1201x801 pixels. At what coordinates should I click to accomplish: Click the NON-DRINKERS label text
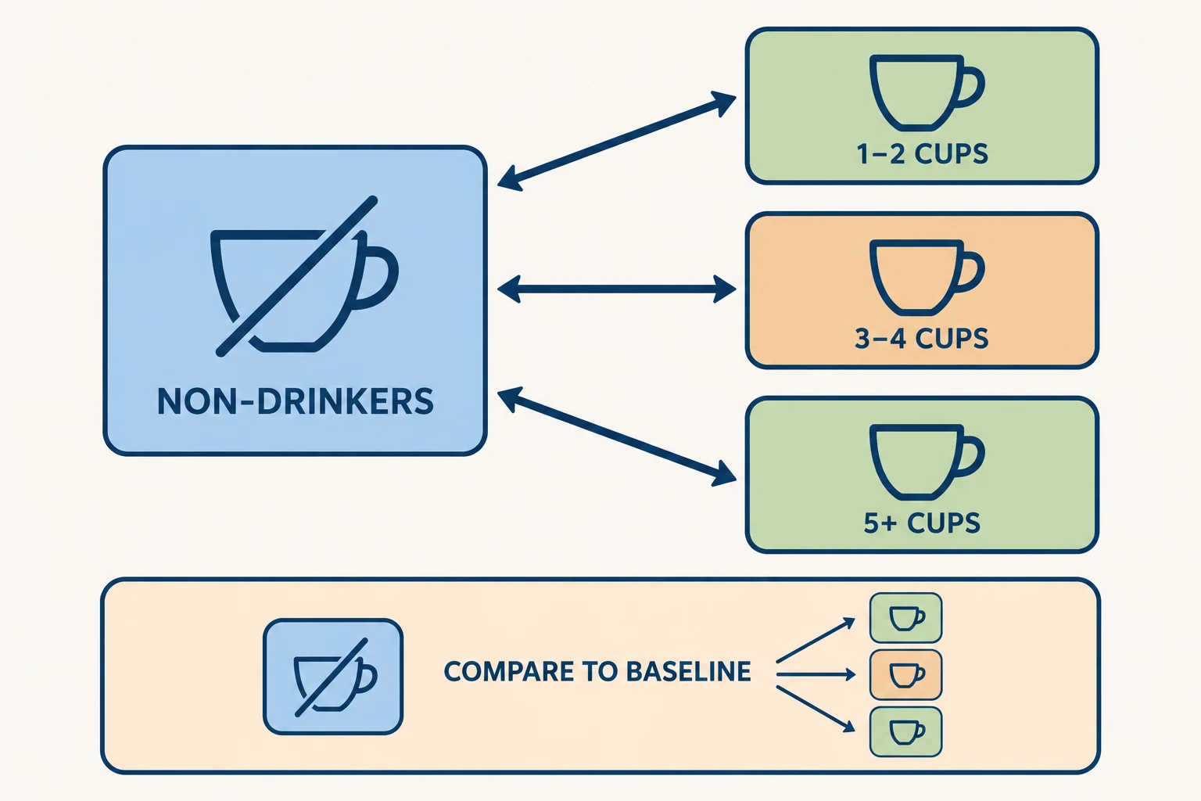(x=296, y=401)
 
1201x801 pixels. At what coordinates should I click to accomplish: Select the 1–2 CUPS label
(x=922, y=154)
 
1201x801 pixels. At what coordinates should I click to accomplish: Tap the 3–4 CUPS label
(x=922, y=339)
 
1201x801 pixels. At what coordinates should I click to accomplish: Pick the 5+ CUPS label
(x=922, y=523)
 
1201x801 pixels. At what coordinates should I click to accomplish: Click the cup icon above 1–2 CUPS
(x=927, y=93)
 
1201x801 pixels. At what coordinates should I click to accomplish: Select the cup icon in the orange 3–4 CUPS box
(x=927, y=278)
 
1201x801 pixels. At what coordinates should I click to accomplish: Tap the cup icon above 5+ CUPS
(x=927, y=462)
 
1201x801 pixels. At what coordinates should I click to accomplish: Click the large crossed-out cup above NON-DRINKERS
(x=304, y=276)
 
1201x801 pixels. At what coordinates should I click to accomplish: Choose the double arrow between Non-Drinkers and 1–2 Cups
(x=617, y=142)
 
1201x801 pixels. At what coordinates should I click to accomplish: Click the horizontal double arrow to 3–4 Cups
(x=617, y=289)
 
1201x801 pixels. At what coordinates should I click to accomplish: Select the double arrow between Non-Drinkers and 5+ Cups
(x=617, y=436)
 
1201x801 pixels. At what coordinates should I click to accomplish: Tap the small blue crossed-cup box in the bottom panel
(x=333, y=677)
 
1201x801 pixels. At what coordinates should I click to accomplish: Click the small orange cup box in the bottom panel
(x=905, y=675)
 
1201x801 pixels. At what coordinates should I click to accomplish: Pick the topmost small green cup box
(x=905, y=617)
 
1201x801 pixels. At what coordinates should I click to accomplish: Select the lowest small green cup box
(x=905, y=732)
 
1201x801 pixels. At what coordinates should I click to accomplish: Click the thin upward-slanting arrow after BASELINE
(x=816, y=640)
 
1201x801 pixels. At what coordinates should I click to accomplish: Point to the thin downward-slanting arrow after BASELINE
(x=816, y=709)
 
